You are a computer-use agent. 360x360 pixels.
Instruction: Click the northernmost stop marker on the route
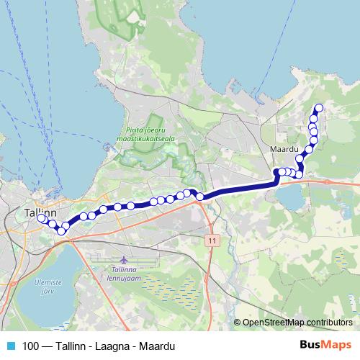[x=318, y=109]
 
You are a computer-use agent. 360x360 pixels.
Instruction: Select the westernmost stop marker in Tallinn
[x=41, y=218]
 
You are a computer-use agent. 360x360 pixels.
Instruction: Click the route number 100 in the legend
[x=30, y=346]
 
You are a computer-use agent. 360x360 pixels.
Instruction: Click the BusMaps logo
[x=325, y=345]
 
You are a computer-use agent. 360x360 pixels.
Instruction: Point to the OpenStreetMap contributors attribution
[x=297, y=322]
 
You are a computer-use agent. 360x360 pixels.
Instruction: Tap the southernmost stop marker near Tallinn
[x=61, y=231]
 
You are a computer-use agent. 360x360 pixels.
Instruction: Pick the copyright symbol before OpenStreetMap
[x=238, y=322]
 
